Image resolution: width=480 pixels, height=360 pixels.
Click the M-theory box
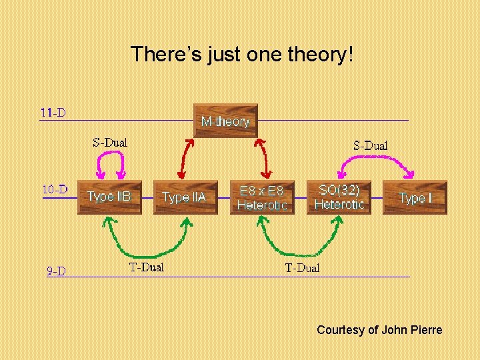click(225, 121)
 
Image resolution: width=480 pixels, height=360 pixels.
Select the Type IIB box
click(109, 197)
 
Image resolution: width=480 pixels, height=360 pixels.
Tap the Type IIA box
click(185, 197)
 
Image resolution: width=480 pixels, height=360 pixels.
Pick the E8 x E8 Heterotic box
click(262, 197)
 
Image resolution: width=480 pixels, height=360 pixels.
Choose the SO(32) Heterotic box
click(339, 197)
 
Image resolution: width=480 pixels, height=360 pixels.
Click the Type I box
click(415, 197)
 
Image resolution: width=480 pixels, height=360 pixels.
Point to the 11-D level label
click(53, 113)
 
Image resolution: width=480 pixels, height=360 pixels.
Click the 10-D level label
click(55, 189)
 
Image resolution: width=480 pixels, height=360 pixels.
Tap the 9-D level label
click(56, 271)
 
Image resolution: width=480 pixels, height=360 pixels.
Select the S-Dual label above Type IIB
click(110, 142)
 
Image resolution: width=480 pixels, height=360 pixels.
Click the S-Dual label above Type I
click(370, 145)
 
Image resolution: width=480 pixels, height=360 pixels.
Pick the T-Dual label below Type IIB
click(146, 267)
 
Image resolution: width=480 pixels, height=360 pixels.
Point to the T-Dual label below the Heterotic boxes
click(302, 268)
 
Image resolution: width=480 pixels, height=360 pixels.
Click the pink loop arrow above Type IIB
click(111, 155)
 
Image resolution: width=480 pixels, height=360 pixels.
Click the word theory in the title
click(313, 54)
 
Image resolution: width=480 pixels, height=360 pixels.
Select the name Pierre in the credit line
click(427, 330)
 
